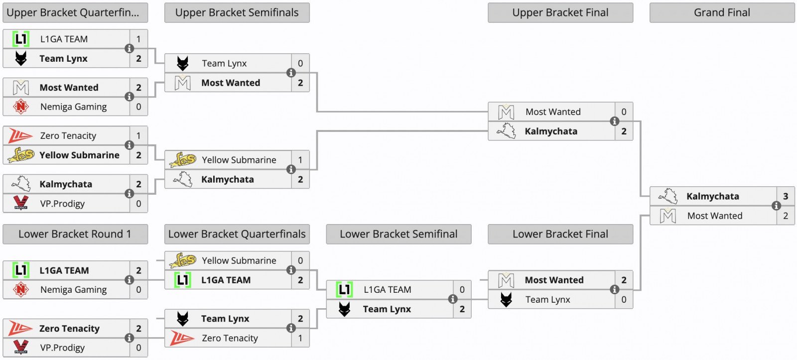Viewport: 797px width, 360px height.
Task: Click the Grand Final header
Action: [722, 13]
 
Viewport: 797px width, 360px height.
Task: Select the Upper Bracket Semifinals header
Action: [237, 13]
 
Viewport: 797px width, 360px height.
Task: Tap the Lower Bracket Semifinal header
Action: [398, 234]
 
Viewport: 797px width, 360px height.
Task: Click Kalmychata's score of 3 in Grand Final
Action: [786, 196]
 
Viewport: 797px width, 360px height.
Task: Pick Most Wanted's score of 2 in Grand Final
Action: [786, 216]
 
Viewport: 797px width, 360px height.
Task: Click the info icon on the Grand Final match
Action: [776, 206]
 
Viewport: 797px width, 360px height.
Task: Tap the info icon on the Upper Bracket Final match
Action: [615, 121]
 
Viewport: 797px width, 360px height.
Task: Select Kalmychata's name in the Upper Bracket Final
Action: [551, 131]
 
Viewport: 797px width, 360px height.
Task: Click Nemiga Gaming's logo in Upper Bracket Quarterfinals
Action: [21, 107]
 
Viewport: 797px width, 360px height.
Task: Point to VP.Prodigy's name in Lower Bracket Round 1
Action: [62, 348]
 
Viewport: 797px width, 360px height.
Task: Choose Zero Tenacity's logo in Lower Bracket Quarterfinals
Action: [182, 338]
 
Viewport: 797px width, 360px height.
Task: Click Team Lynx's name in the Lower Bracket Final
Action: [547, 300]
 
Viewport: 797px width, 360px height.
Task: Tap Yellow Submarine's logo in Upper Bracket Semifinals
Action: [182, 160]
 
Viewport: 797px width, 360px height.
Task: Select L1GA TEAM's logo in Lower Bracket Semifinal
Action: [344, 289]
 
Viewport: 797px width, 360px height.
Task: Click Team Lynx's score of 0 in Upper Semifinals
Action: [300, 63]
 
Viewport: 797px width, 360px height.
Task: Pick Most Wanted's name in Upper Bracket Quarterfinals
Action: [69, 88]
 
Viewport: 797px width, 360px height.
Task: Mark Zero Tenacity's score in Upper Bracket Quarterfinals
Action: [138, 135]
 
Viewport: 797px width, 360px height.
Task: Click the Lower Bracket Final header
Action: [560, 234]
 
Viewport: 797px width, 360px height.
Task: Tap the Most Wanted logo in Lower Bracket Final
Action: [506, 280]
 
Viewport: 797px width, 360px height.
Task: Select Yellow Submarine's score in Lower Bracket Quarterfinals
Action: [300, 260]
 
